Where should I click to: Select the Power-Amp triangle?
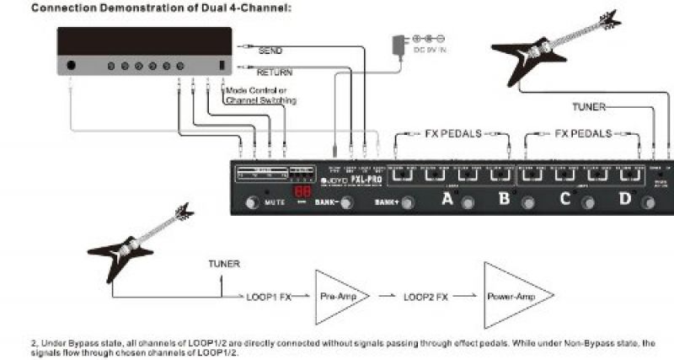511,297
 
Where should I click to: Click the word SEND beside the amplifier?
270,51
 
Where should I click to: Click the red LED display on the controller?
302,194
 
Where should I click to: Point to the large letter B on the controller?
503,200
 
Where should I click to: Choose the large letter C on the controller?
564,200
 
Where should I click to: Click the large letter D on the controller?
624,200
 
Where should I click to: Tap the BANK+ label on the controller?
386,203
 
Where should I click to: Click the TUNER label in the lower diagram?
223,264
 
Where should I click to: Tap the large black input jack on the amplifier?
72,65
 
